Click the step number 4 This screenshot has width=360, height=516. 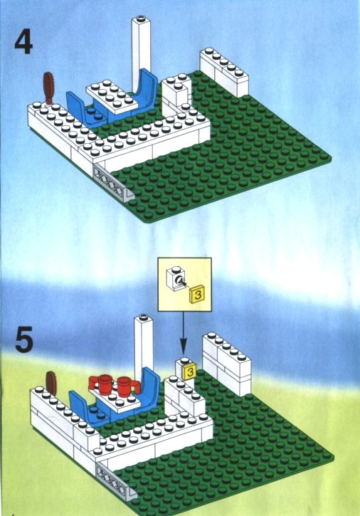23,43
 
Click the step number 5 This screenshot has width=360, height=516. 24,339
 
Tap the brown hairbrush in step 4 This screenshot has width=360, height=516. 49,88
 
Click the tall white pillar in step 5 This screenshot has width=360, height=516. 143,349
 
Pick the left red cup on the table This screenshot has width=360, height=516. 101,384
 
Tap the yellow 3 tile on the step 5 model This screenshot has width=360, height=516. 190,372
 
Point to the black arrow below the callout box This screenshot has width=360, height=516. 184,332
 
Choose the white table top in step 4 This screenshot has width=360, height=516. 112,95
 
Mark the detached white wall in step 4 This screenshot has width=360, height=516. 224,72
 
